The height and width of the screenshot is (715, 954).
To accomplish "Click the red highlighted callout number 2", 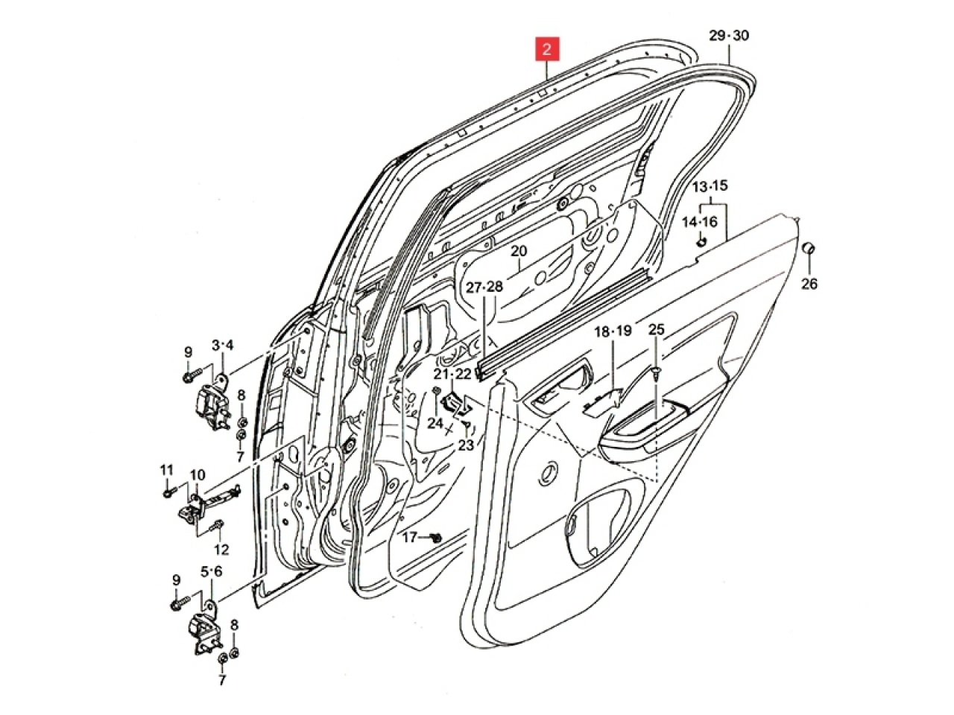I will tap(547, 50).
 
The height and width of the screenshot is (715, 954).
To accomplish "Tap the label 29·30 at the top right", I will tap(729, 36).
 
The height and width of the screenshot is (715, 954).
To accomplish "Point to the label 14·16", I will tap(700, 221).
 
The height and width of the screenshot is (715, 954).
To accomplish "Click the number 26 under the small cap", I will tap(809, 283).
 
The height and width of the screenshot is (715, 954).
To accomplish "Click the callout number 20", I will tap(519, 251).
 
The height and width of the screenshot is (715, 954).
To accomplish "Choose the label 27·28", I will tap(484, 287).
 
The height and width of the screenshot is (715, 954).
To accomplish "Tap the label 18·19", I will tap(613, 331).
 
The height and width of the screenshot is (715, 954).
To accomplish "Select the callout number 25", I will tap(656, 328).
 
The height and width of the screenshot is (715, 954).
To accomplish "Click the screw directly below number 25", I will tap(655, 372).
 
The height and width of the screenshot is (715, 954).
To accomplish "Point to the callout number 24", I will tap(435, 423).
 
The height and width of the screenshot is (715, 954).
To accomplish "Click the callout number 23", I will tap(466, 445).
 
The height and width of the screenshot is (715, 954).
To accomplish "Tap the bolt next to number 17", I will tap(437, 536).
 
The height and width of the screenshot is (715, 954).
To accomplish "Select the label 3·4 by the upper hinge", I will tap(222, 345).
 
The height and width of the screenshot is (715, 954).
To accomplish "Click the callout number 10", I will tap(198, 474).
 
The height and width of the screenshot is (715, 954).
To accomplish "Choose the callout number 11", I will tap(166, 469).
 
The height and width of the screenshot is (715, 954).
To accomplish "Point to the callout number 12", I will tap(221, 550).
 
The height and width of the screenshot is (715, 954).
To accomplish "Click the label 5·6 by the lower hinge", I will tap(211, 571).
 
